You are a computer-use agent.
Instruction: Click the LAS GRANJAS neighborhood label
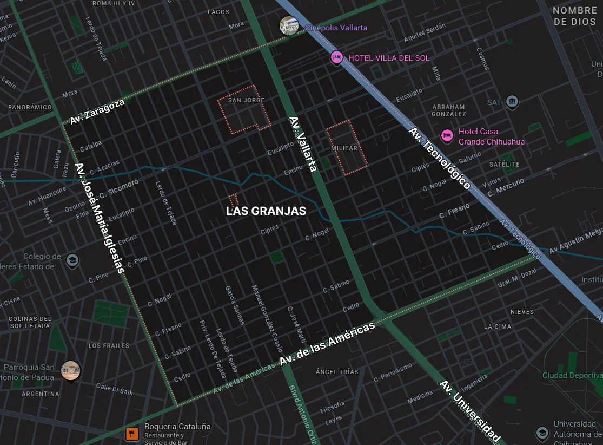[x=266, y=211]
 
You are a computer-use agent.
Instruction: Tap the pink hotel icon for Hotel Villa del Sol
[x=337, y=57]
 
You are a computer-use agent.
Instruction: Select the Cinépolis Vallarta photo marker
[x=289, y=26]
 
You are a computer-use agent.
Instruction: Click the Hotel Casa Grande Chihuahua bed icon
[x=447, y=135]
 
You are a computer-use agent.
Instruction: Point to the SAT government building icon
[x=512, y=101]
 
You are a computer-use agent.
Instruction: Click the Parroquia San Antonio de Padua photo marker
[x=70, y=371]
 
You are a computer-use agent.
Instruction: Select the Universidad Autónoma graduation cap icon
[x=542, y=433]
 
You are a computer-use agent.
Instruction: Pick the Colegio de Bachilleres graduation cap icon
[x=72, y=261]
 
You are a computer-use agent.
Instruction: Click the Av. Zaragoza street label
[x=97, y=111]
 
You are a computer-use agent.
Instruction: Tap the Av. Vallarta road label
[x=302, y=144]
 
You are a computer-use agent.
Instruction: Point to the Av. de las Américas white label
[x=327, y=344]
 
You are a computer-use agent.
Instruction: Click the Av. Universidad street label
[x=469, y=411]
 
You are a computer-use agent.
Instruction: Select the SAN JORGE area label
[x=246, y=100]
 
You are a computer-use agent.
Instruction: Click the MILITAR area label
[x=344, y=148]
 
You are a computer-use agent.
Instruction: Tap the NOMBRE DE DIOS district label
[x=574, y=16]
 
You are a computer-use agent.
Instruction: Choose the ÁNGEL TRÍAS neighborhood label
[x=337, y=372]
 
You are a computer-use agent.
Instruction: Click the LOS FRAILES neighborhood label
[x=109, y=345]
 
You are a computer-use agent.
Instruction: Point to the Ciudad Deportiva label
[x=572, y=375]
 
